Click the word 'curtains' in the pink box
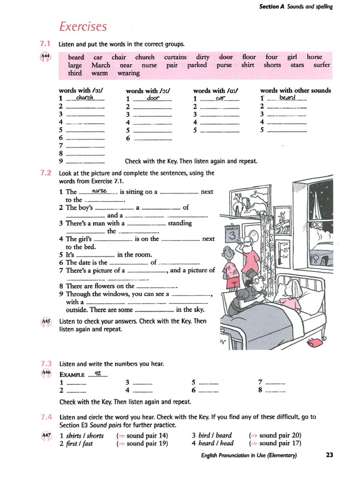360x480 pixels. pyautogui.click(x=175, y=57)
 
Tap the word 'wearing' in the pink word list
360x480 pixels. pyautogui.click(x=128, y=73)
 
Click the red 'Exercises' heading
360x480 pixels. pyautogui.click(x=83, y=26)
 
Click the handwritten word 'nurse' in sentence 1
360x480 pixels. pyautogui.click(x=100, y=191)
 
